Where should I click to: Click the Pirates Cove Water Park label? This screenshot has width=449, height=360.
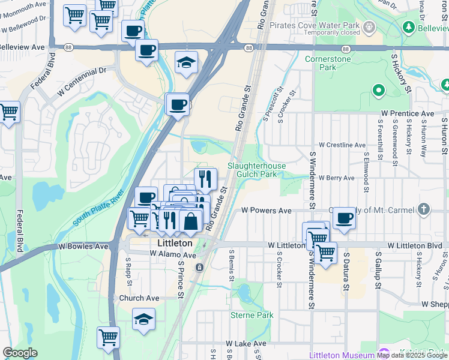coord(314,26)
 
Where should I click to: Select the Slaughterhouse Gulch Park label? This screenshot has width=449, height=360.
coord(256,170)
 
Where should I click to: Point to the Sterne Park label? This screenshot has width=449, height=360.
coord(252,315)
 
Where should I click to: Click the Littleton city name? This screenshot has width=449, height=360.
coord(175,244)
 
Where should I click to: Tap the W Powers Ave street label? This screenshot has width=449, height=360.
coord(266,211)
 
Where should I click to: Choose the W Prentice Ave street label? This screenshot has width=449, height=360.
coord(407,113)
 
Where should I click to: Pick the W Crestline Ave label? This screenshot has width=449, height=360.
coord(342,145)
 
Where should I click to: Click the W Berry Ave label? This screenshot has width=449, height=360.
coord(337,178)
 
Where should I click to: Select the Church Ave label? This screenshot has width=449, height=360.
coord(139,298)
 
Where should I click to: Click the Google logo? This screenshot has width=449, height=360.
coord(20,353)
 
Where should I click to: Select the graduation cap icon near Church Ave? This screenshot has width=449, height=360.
coord(143,320)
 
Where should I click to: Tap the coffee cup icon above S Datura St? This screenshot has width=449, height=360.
coord(344,218)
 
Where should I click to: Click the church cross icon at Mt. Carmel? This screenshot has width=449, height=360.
coord(424,209)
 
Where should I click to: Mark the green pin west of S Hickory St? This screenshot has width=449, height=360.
coord(378,91)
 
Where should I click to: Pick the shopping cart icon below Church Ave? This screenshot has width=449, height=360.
coord(108,337)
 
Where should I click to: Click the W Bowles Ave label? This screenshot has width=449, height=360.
coord(83,247)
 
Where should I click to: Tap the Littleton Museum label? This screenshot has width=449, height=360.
coord(342,355)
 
